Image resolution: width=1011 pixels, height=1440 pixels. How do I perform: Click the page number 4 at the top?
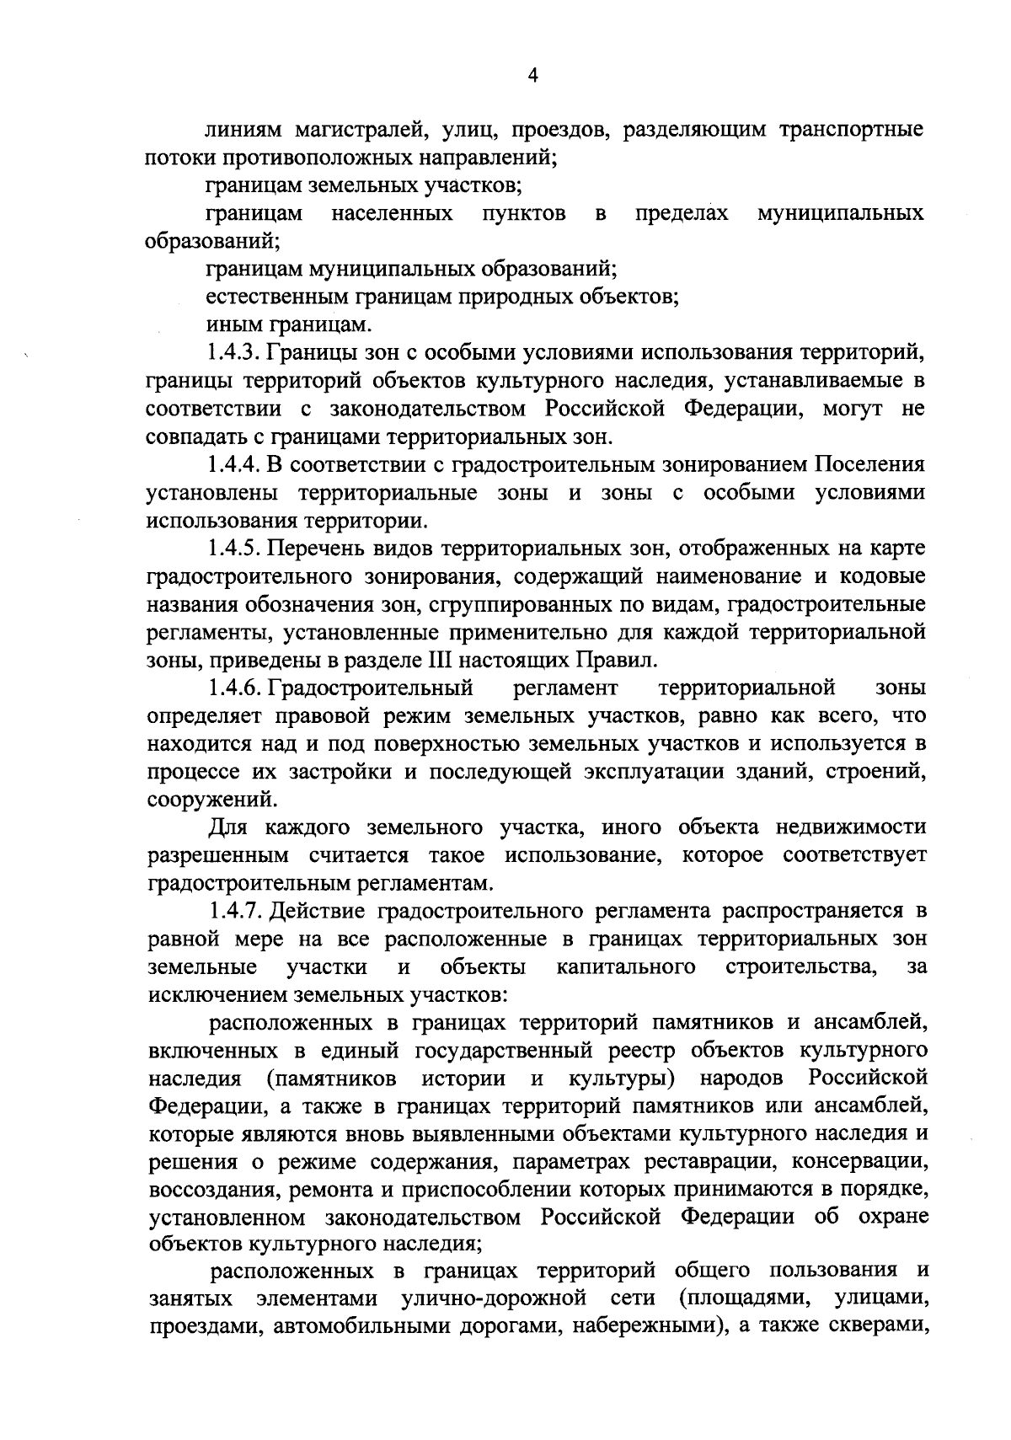tap(532, 76)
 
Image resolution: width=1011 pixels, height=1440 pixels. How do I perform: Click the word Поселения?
tap(869, 464)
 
